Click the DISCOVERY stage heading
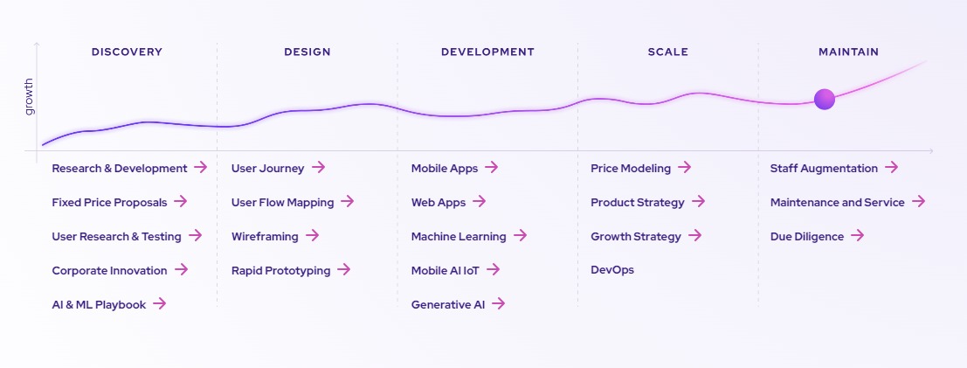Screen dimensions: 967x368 [127, 52]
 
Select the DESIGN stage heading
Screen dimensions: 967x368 [307, 52]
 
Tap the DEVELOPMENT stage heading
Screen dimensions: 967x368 [487, 52]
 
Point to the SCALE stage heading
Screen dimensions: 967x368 [668, 52]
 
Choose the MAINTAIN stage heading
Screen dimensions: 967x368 [848, 52]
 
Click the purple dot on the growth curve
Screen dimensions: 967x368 [825, 100]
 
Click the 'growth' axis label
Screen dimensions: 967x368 [29, 96]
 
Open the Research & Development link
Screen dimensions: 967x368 [120, 168]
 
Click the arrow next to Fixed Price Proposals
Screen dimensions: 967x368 [180, 201]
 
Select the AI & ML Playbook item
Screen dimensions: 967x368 [99, 304]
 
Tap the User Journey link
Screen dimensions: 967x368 [267, 168]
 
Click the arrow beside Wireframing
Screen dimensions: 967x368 [312, 235]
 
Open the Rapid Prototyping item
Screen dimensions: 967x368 [280, 270]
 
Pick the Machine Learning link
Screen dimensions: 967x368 [459, 237]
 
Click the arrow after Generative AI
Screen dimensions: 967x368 [498, 303]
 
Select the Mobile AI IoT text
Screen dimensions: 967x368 [446, 270]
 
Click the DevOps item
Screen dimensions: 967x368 [612, 270]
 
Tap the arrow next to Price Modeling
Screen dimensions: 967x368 [685, 167]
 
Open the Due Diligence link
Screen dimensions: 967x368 [806, 237]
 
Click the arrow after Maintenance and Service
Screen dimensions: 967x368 [918, 201]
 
